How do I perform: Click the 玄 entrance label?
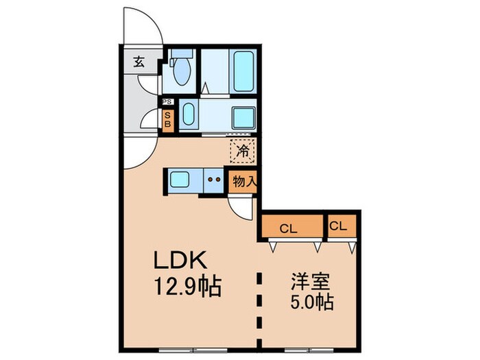point(139,62)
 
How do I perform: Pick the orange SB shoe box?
point(167,120)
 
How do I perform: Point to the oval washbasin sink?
point(190,115)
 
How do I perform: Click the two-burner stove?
point(213,181)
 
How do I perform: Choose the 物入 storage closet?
point(243,182)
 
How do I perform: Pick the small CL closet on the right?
point(339,225)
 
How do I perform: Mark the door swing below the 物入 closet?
point(241,206)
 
